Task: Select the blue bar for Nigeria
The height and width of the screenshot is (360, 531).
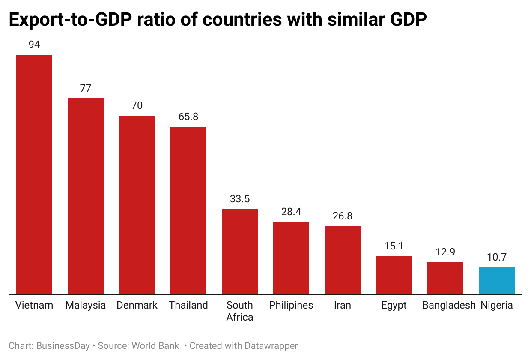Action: click(x=497, y=281)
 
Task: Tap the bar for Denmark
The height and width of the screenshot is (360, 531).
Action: click(x=137, y=205)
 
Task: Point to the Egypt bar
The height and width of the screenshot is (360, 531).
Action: click(x=394, y=275)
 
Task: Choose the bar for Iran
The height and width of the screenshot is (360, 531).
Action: click(x=343, y=260)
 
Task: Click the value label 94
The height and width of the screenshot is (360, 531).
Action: click(x=34, y=45)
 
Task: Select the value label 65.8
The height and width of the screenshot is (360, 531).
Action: click(x=188, y=117)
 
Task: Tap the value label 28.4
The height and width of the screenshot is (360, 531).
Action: click(x=291, y=212)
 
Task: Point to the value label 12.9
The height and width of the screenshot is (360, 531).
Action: click(x=445, y=252)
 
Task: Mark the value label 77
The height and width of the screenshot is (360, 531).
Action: click(x=86, y=88)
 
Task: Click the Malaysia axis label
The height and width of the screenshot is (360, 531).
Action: click(x=86, y=305)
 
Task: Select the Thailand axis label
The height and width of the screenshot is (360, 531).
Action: click(x=188, y=305)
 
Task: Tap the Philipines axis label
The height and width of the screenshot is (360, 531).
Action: click(x=291, y=305)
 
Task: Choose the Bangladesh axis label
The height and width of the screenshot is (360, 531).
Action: click(x=449, y=305)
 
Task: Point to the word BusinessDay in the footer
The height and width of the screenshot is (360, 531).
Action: click(x=63, y=346)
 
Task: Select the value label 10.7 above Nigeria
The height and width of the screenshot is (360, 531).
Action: click(x=497, y=257)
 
